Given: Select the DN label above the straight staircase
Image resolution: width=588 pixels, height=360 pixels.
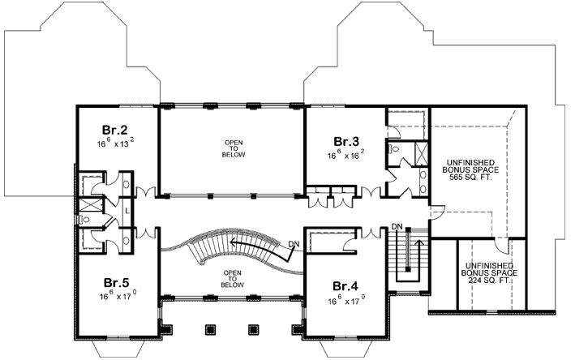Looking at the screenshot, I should click(397, 225).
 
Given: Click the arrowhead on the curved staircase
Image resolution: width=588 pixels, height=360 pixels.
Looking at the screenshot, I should click(231, 240).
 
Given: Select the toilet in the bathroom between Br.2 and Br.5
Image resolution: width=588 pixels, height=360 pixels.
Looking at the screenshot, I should click(84, 219).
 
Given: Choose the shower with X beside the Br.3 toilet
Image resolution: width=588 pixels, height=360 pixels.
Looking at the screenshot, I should click(421, 151).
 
